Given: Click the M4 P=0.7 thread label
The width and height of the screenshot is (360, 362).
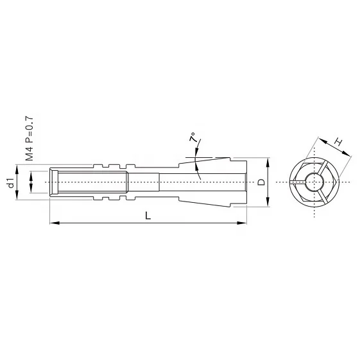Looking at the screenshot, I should click(x=29, y=137).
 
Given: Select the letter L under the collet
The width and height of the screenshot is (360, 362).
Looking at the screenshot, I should click(x=148, y=216).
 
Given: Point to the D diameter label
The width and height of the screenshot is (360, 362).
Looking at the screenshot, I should click(x=261, y=182).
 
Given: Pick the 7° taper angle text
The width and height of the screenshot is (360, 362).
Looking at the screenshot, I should click(x=192, y=138).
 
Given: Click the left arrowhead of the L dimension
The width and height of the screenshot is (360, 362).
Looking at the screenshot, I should click(x=53, y=223).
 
